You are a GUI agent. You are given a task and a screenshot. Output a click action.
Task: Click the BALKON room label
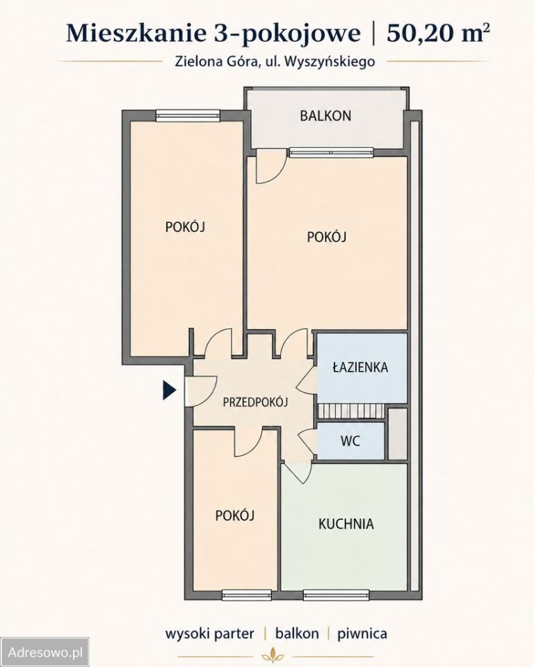[325, 116]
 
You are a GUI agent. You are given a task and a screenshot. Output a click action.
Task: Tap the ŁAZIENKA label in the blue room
[360, 367]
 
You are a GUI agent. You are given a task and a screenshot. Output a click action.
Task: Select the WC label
[350, 440]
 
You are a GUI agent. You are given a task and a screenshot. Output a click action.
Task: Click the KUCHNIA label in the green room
[346, 524]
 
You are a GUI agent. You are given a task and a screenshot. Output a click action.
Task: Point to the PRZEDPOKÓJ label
[255, 402]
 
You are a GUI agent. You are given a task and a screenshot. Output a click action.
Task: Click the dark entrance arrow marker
[170, 390]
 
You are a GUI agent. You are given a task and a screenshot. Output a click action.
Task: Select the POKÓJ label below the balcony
[327, 236]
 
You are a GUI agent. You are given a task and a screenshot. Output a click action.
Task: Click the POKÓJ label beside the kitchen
[235, 516]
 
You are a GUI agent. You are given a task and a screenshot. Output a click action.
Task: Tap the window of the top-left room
[188, 115]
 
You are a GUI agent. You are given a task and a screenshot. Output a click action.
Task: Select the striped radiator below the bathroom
[351, 411]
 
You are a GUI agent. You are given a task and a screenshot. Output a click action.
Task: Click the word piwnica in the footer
[362, 634]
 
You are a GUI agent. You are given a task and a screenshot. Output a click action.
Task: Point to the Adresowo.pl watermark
[45, 652]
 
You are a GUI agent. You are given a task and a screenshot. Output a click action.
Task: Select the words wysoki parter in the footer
[209, 634]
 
